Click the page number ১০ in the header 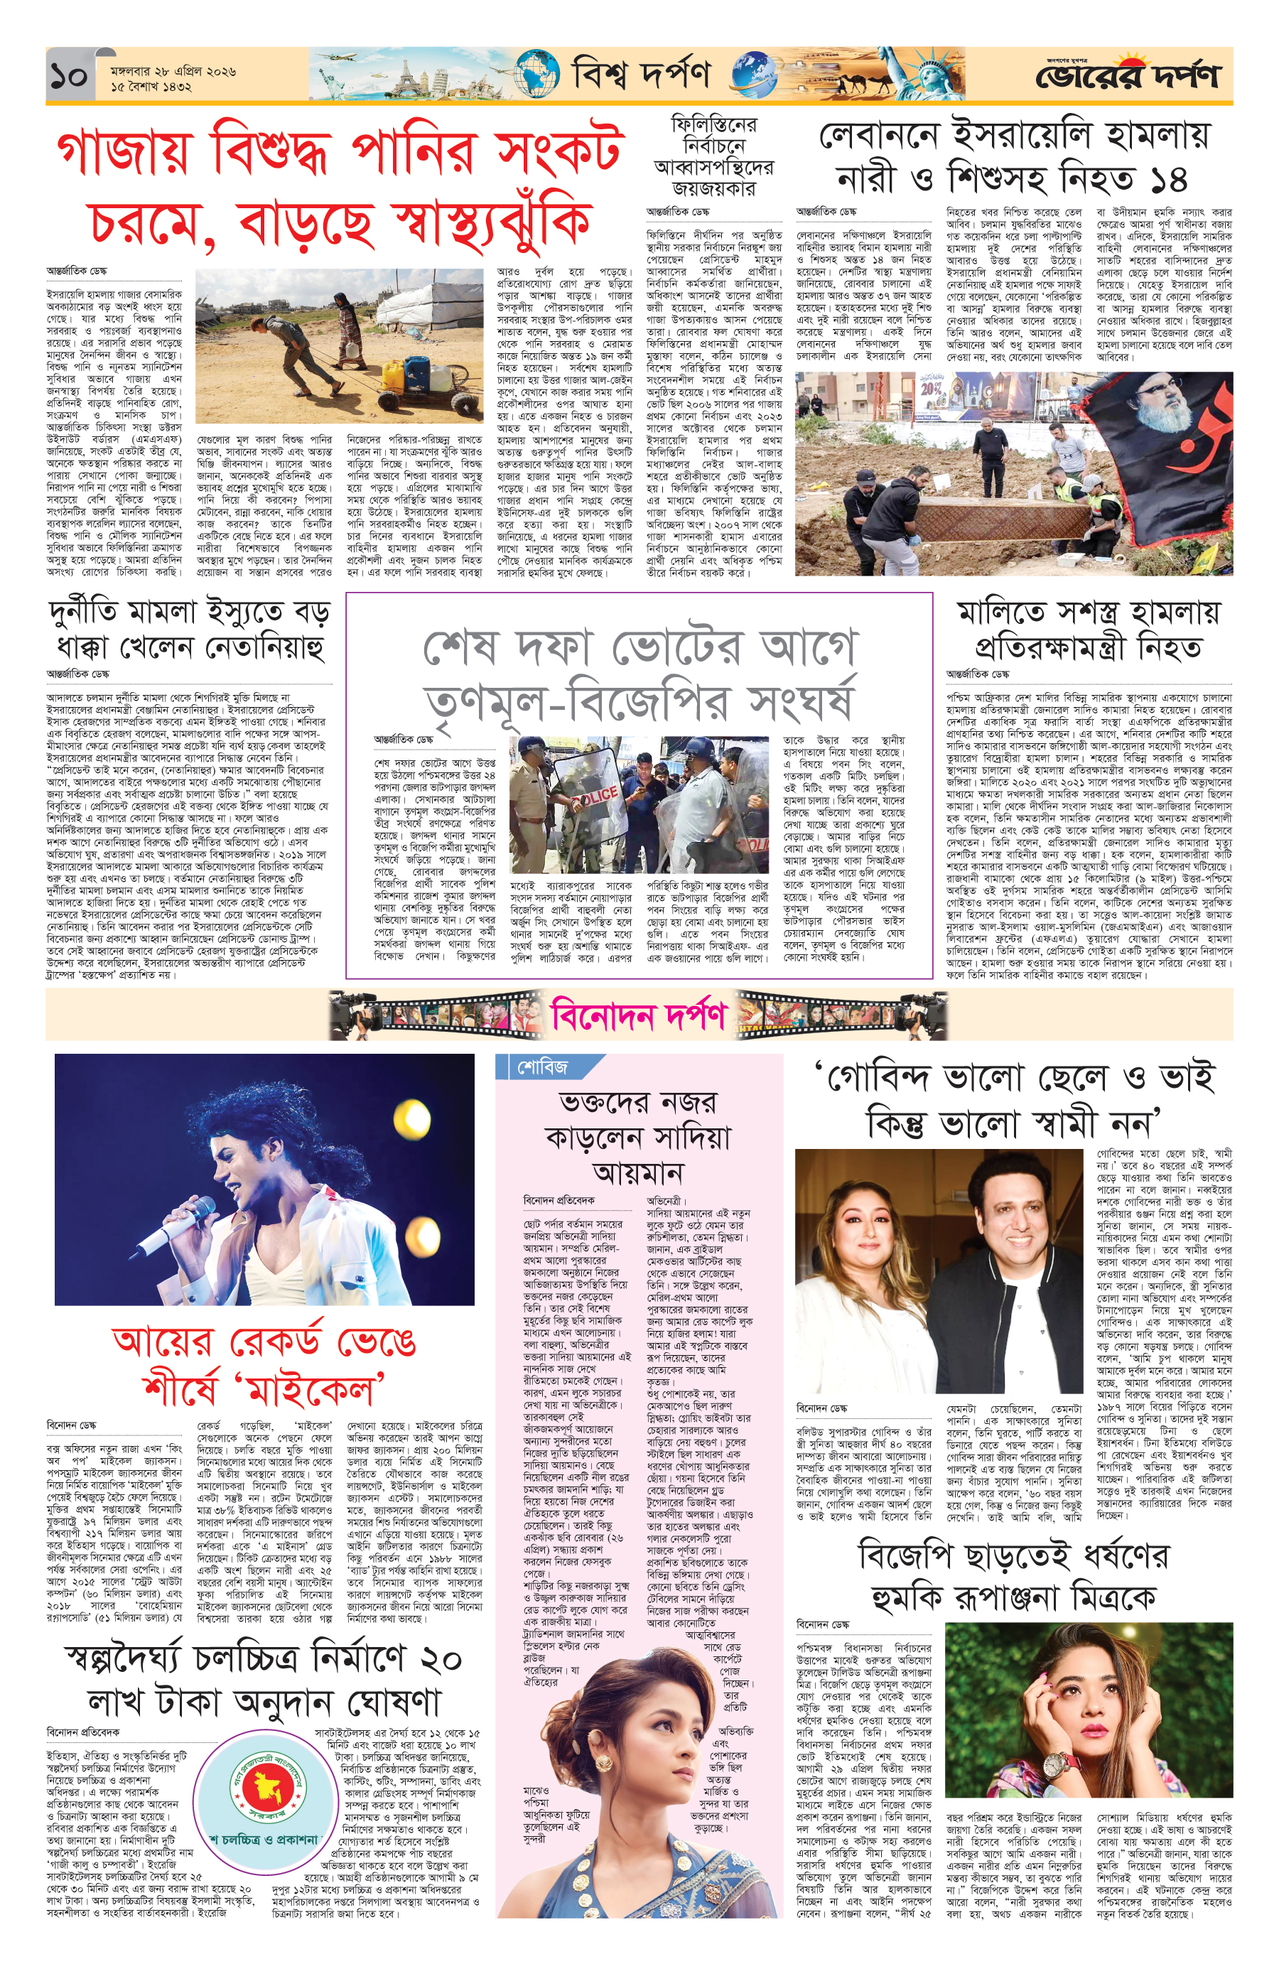pyautogui.click(x=68, y=77)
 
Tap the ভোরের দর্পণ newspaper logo pyautogui.click(x=1126, y=77)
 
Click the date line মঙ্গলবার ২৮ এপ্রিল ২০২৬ pyautogui.click(x=173, y=71)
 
